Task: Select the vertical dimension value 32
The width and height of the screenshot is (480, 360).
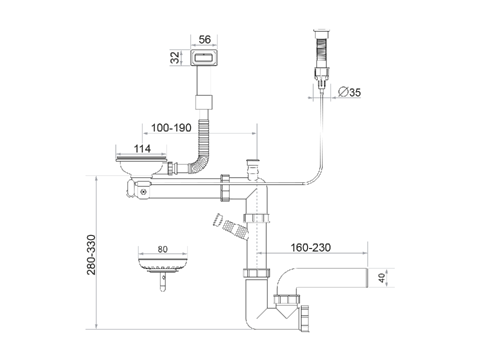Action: click(x=175, y=58)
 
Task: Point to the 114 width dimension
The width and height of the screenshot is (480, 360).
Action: click(x=142, y=148)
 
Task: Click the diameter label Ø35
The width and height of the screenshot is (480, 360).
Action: click(x=349, y=92)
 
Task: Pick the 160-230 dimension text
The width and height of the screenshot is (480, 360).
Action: click(x=310, y=247)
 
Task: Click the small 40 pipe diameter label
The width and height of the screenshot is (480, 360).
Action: click(x=382, y=278)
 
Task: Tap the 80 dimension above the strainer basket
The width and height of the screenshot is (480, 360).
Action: click(x=162, y=249)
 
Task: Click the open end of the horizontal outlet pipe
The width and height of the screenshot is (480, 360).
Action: click(x=368, y=278)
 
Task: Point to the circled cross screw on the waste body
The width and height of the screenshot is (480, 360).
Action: click(x=143, y=191)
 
